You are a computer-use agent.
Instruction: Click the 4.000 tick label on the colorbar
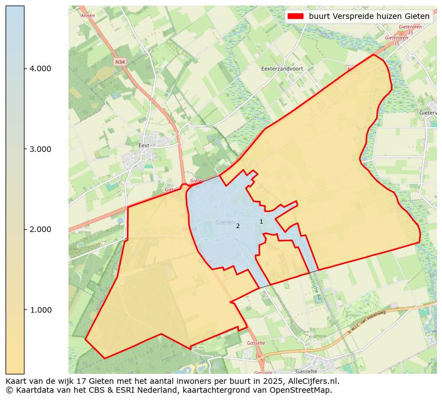click(40, 68)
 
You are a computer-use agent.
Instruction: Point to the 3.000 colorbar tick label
click(40, 149)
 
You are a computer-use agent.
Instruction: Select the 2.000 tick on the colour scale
click(40, 229)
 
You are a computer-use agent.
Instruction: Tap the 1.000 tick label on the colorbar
click(40, 310)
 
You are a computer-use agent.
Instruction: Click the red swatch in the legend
click(295, 17)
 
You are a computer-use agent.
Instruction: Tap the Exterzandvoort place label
click(282, 69)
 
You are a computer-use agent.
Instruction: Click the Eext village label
click(144, 146)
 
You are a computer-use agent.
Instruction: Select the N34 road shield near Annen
click(120, 62)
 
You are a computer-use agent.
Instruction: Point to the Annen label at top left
click(88, 16)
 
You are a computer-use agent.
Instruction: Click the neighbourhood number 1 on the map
click(261, 221)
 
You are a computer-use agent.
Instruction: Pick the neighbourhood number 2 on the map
click(238, 226)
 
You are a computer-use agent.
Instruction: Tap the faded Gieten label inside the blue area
click(225, 222)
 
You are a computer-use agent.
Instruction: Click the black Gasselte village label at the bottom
click(306, 371)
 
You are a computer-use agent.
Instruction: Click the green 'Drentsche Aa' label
click(314, 287)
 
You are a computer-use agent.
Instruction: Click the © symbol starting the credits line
click(9, 390)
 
